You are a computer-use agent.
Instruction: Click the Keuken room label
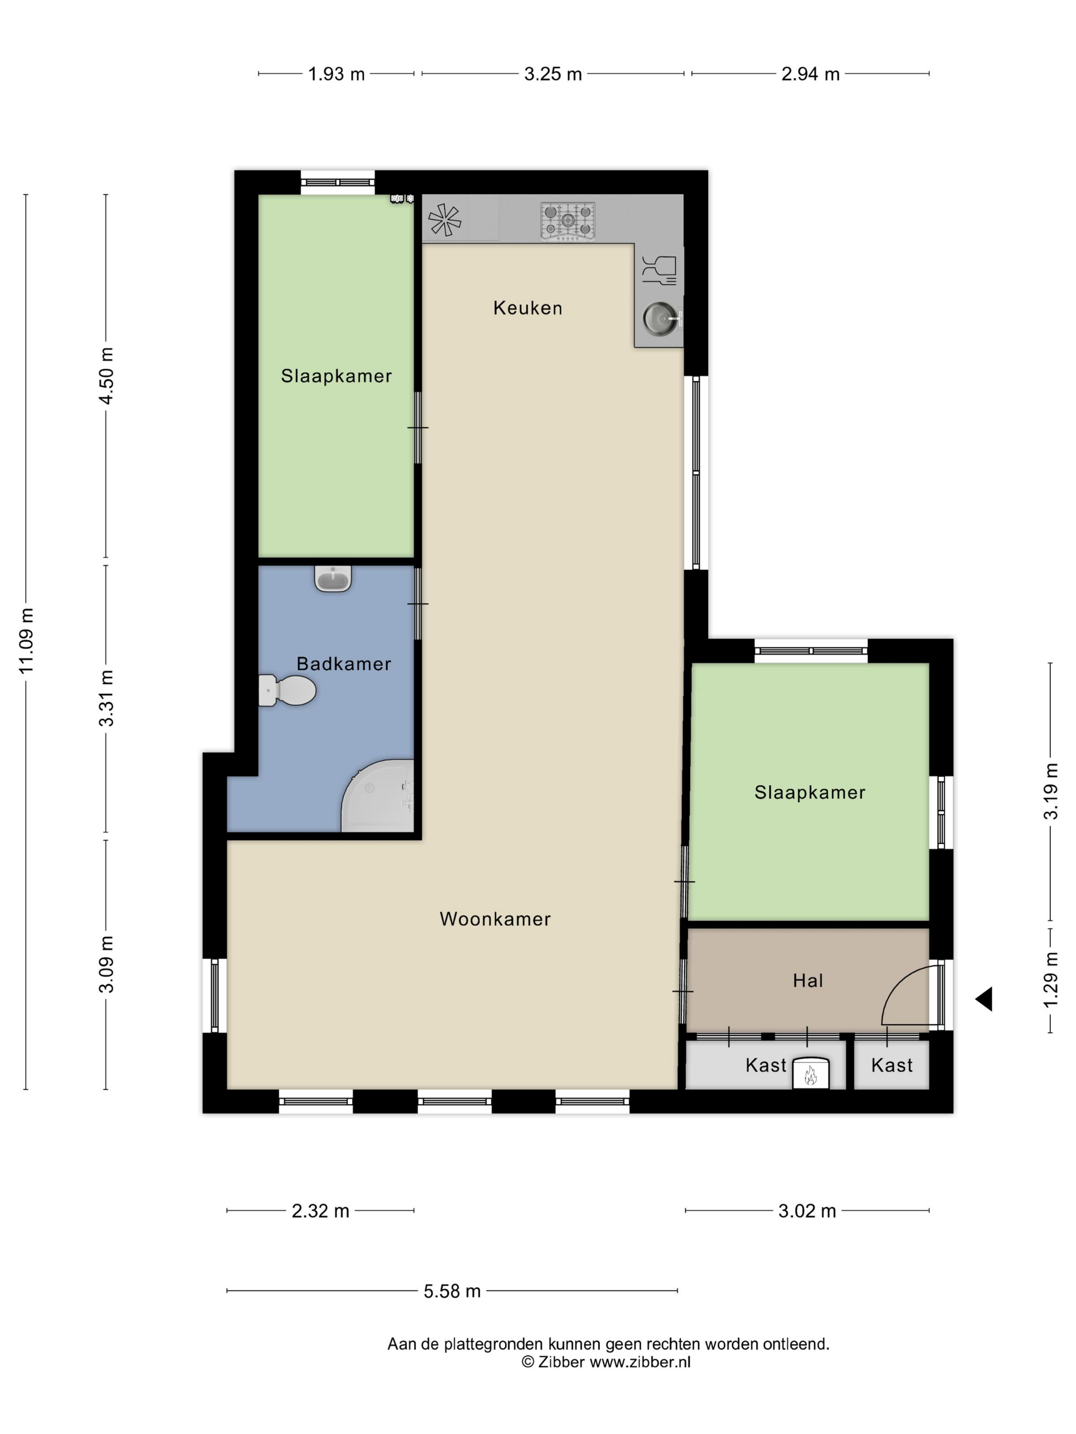[527, 307]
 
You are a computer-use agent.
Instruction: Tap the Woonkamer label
[495, 919]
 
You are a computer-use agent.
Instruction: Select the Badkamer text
[344, 663]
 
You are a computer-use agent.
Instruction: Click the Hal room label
[808, 980]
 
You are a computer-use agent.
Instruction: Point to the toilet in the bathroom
[286, 690]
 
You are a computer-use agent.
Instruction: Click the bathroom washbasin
[333, 578]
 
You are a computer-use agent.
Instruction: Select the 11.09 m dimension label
[26, 641]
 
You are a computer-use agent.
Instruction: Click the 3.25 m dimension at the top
[552, 74]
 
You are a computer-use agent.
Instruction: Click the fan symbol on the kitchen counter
[444, 220]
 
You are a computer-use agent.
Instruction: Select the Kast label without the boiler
[892, 1065]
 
